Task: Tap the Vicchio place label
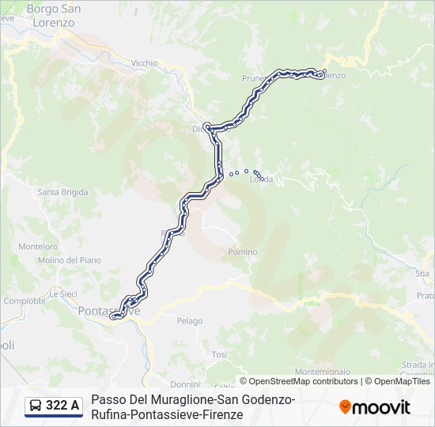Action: (144, 62)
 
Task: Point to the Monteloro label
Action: (38, 246)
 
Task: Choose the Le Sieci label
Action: (62, 293)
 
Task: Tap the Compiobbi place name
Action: (24, 300)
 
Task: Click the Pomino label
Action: (242, 252)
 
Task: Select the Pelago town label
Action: (189, 321)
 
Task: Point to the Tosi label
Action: (219, 354)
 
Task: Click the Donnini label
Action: (185, 384)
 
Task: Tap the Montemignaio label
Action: (322, 371)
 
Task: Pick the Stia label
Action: (422, 273)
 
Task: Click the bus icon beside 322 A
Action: (36, 406)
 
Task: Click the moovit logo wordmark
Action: (382, 407)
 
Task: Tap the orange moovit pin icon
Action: (345, 407)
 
